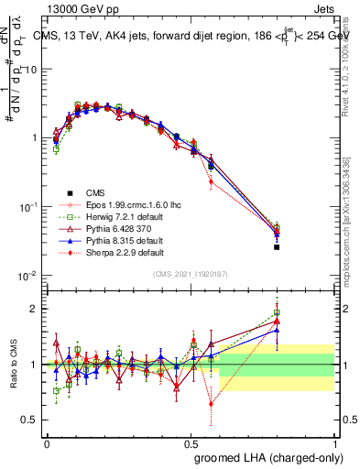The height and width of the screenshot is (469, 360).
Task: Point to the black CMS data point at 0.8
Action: [x=277, y=247]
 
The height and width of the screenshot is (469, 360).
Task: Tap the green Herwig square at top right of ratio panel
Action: [x=277, y=312]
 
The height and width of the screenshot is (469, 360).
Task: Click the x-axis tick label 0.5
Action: [x=191, y=444]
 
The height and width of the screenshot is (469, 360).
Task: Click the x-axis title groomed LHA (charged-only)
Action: [x=265, y=457]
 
